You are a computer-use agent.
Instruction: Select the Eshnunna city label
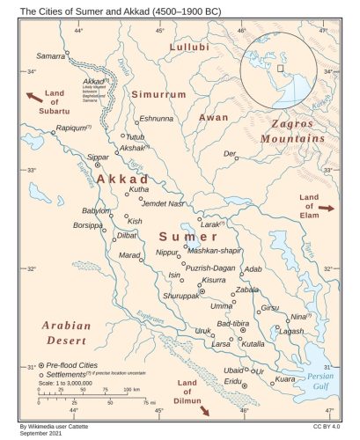coord(157,118)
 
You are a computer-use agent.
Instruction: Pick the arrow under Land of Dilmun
coord(205,409)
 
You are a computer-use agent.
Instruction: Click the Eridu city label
coord(232,381)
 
